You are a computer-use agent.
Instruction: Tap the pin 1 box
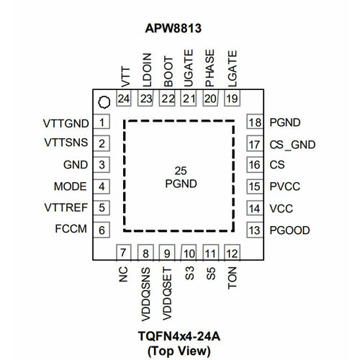point(104,122)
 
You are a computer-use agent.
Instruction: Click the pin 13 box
point(254,230)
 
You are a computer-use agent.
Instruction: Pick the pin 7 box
point(124,253)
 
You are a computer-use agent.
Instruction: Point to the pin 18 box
point(254,122)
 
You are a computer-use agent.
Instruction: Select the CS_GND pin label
point(292,144)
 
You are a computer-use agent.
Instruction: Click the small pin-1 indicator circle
point(104,101)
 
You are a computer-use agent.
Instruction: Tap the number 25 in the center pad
point(180,171)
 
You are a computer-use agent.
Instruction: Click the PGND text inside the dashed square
point(180,183)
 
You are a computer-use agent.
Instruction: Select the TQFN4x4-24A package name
point(180,337)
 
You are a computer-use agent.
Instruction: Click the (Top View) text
point(180,350)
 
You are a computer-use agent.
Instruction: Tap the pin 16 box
point(254,166)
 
